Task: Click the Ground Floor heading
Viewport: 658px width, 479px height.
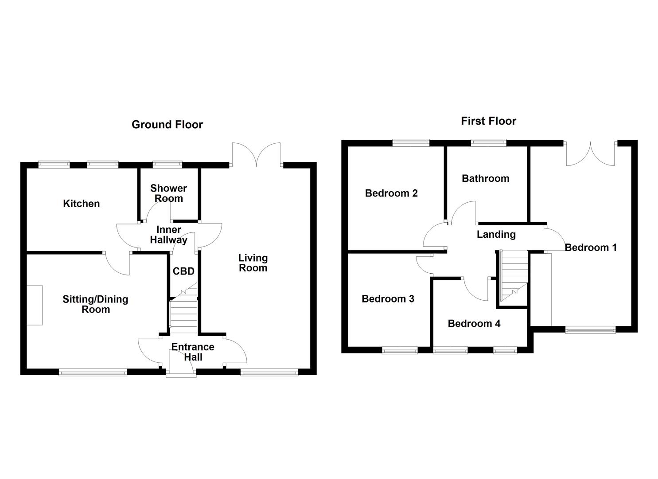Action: tap(167, 125)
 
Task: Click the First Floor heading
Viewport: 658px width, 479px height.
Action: tap(488, 121)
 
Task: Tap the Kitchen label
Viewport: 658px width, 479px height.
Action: tap(82, 204)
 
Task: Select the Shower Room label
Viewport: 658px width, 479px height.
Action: tap(168, 193)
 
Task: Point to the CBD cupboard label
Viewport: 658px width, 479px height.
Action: tap(183, 271)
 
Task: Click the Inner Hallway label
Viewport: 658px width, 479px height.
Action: tap(168, 235)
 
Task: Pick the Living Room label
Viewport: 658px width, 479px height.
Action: tap(253, 263)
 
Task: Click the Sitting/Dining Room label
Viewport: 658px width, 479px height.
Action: tap(95, 304)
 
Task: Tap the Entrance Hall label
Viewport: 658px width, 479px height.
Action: tap(193, 352)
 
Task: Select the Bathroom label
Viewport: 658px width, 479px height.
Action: tap(485, 179)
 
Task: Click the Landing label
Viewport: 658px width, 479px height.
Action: tap(496, 235)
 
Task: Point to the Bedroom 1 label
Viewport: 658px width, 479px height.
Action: tap(590, 247)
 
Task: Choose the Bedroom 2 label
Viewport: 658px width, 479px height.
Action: tap(391, 193)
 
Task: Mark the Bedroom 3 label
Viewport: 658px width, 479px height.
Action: tap(388, 299)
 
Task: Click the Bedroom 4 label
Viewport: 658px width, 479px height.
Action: tap(474, 324)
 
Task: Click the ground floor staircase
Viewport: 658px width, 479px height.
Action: tap(183, 313)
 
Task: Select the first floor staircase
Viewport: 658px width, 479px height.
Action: tap(514, 277)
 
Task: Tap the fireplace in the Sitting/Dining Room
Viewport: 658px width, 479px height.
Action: tap(35, 306)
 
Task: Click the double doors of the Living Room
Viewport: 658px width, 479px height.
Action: tap(256, 155)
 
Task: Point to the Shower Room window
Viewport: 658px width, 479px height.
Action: tap(167, 165)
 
